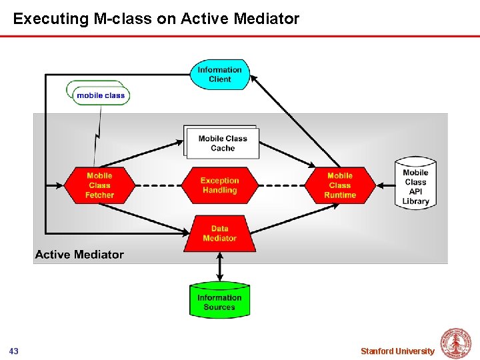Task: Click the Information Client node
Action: [x=219, y=74]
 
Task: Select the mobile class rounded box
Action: [x=101, y=95]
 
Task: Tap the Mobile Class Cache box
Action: [x=223, y=143]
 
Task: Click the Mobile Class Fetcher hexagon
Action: [x=99, y=185]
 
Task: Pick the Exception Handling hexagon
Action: [x=219, y=185]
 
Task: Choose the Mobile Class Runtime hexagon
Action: [x=340, y=185]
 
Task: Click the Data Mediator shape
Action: [x=219, y=233]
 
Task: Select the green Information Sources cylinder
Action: [x=219, y=301]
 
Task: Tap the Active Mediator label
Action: [x=79, y=254]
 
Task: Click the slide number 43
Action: [x=14, y=351]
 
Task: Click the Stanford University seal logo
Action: [x=456, y=344]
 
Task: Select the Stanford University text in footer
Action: [x=397, y=351]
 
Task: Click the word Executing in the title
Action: [x=51, y=19]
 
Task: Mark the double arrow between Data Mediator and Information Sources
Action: [x=219, y=267]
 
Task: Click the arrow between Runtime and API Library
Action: [x=385, y=185]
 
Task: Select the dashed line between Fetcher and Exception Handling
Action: [x=158, y=185]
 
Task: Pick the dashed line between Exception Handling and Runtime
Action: [x=281, y=185]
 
